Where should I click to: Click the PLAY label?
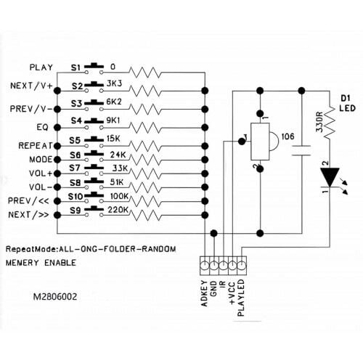coord(41,68)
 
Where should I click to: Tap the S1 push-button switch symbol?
coord(94,68)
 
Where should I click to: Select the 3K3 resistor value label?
coord(114,83)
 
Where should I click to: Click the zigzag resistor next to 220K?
coord(145,215)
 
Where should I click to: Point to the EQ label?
coord(42,127)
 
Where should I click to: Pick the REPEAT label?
coord(36,146)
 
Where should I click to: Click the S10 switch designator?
coord(76,197)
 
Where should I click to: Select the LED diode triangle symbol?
coord(330,177)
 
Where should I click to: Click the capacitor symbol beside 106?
coord(301,150)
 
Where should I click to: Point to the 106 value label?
coord(288,136)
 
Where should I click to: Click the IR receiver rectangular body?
coord(260,142)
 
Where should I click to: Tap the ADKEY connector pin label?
coord(205,293)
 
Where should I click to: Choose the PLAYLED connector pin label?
coord(241,298)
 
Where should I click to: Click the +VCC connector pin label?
coord(232,293)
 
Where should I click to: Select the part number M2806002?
coord(55,297)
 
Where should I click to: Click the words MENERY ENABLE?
coord(41,263)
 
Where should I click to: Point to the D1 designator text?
coord(346,98)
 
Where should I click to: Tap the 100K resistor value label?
coord(119,196)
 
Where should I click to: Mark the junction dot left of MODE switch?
coord(57,160)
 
